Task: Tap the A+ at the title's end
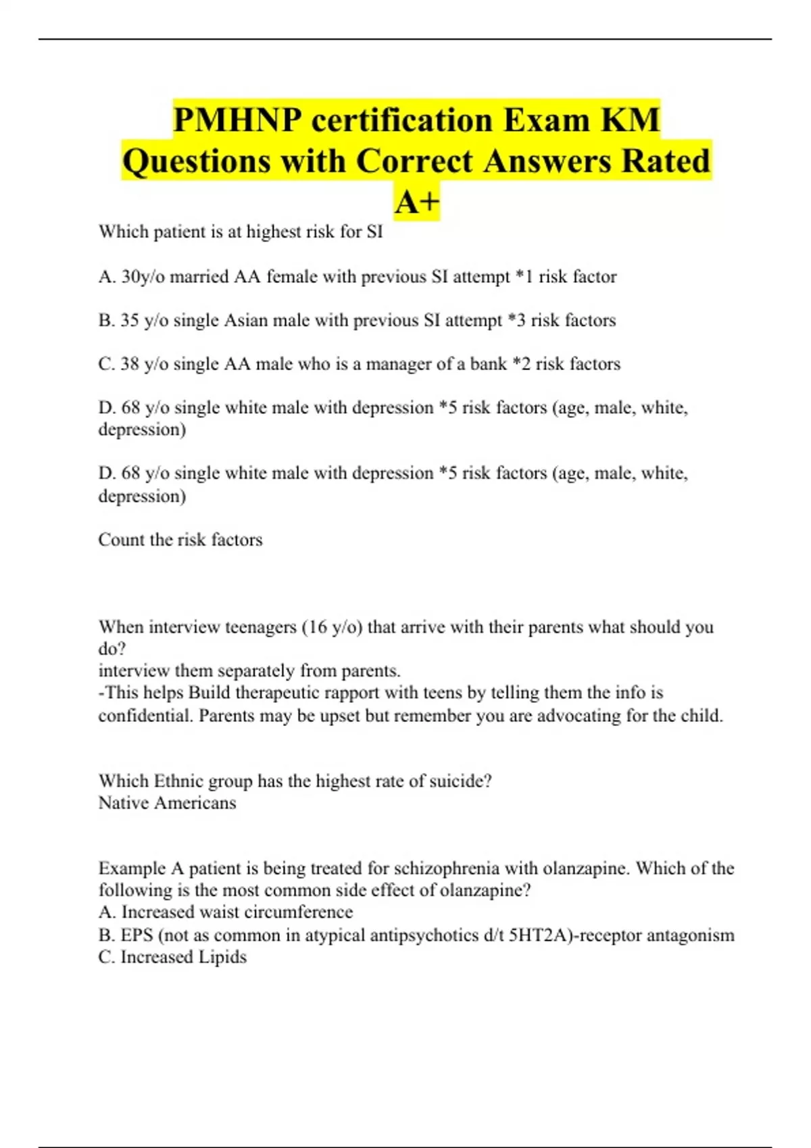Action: pyautogui.click(x=417, y=202)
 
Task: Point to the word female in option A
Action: pyautogui.click(x=292, y=277)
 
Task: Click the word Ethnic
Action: pyautogui.click(x=178, y=781)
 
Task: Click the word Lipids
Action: pyautogui.click(x=222, y=957)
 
